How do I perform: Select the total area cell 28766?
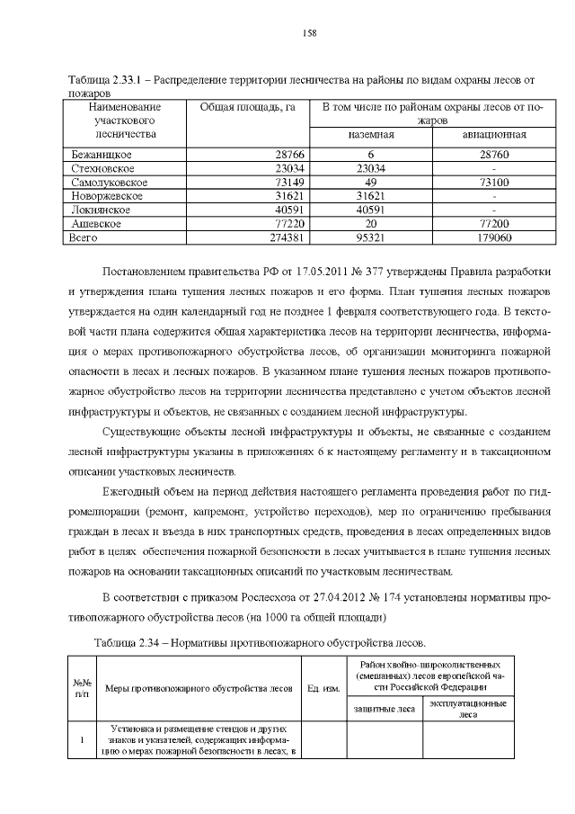288,156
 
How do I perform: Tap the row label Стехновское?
103,169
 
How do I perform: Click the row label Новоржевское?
107,196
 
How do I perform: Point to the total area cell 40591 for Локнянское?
288,210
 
